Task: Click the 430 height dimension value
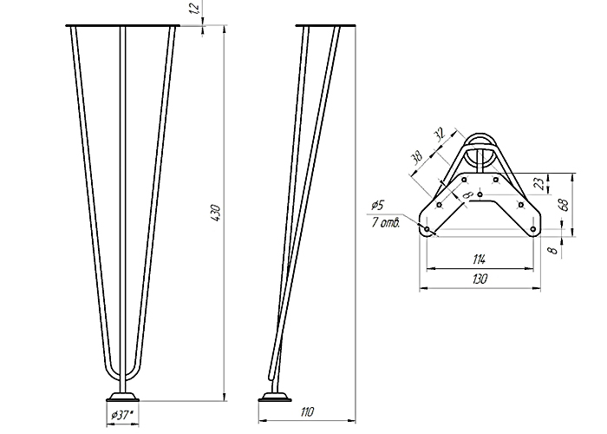click(216, 213)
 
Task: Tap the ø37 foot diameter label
click(122, 416)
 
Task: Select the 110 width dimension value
click(307, 412)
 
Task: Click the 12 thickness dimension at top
click(195, 7)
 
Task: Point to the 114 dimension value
click(480, 260)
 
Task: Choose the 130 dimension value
click(480, 279)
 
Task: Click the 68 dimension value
click(564, 205)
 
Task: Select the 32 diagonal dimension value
click(439, 134)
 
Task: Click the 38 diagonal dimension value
click(417, 158)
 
